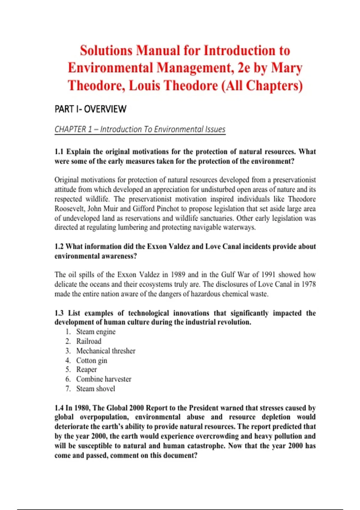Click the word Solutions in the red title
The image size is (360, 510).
tap(106, 51)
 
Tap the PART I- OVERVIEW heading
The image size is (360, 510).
tap(90, 109)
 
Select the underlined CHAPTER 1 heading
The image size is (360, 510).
tap(140, 129)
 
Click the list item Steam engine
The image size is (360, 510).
tap(96, 332)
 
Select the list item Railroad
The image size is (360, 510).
tap(89, 341)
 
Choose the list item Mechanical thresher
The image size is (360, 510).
tap(106, 351)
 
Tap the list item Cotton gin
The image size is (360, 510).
tap(91, 361)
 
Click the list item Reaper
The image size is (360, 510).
tap(86, 370)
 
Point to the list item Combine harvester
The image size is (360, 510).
tap(103, 379)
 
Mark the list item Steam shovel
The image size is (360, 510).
tap(95, 389)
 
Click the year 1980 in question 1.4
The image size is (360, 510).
tap(82, 408)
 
